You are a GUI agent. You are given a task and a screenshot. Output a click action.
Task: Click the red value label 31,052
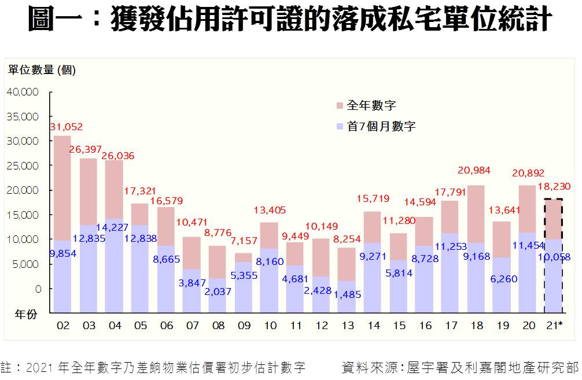pyautogui.click(x=66, y=127)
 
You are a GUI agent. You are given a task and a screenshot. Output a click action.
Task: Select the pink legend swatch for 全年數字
pyautogui.click(x=338, y=106)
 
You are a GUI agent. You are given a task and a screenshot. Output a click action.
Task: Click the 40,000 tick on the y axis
pyautogui.click(x=23, y=91)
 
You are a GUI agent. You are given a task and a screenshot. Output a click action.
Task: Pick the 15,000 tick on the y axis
pyautogui.click(x=23, y=215)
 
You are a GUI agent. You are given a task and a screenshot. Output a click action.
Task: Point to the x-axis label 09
pyautogui.click(x=244, y=326)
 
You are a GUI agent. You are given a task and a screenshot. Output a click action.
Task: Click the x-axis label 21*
pyautogui.click(x=554, y=326)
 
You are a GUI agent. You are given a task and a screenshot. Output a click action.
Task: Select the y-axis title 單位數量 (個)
pyautogui.click(x=42, y=71)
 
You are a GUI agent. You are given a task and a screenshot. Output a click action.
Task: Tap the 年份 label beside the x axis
pyautogui.click(x=26, y=315)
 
